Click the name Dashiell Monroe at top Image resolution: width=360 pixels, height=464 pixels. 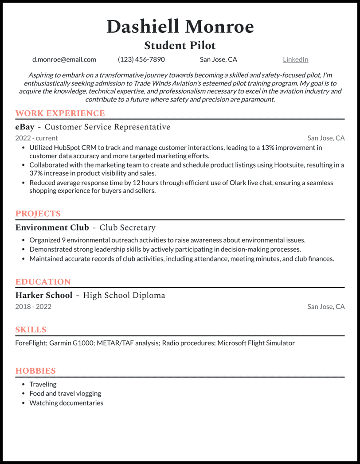[180, 27]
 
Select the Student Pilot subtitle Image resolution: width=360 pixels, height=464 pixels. [180, 45]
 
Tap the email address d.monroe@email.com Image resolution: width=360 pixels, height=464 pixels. [64, 59]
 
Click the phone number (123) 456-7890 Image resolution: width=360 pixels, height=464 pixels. [141, 59]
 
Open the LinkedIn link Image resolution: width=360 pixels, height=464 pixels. [295, 59]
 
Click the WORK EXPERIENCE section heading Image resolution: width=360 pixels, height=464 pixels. [60, 113]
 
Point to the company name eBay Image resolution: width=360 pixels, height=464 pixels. [25, 127]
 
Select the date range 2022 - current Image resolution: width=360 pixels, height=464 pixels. [36, 138]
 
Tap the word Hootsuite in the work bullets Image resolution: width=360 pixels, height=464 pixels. [289, 165]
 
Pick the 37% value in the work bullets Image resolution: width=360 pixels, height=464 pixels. [36, 173]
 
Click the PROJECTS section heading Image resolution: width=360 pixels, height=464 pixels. [38, 214]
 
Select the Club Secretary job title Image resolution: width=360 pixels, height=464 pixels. [127, 228]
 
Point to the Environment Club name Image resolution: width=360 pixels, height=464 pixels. [52, 228]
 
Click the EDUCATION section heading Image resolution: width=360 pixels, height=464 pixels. [43, 282]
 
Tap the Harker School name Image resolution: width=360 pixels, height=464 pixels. [43, 296]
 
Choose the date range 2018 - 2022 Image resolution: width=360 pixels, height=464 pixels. [33, 307]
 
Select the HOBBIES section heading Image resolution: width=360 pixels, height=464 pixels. [35, 371]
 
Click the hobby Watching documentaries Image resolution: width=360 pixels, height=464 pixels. [66, 403]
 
